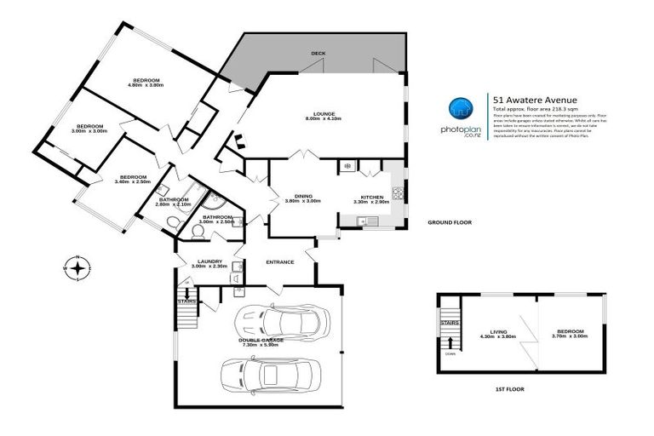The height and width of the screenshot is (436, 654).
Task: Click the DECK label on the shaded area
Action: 318,54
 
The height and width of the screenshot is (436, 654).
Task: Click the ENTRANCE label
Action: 279,261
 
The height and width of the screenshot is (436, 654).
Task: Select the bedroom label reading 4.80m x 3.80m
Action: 146,83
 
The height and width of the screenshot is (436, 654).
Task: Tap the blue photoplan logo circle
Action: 461,110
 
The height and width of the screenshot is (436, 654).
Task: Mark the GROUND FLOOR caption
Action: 449,222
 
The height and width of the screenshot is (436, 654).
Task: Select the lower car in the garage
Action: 272,374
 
